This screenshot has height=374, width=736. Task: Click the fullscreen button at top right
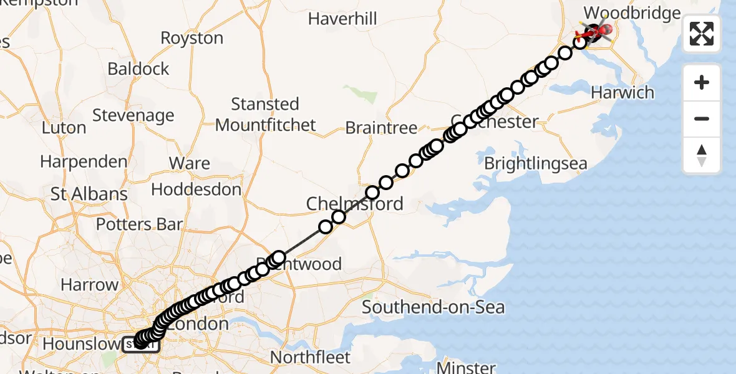tap(702, 33)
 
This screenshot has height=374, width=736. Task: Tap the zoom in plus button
tap(702, 83)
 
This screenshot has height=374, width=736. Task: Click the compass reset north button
tap(702, 155)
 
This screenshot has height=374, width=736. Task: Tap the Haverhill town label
tap(342, 19)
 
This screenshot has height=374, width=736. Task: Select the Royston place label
tap(191, 38)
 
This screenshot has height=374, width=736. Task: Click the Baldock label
tap(138, 69)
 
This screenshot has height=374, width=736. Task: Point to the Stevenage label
tap(133, 115)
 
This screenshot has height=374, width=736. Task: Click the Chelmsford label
tap(354, 203)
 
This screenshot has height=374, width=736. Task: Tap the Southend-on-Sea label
tap(433, 307)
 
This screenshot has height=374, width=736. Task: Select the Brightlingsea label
tap(536, 163)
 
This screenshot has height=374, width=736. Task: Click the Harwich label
tap(622, 93)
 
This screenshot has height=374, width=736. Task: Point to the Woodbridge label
tap(632, 13)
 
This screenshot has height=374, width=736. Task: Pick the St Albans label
tap(89, 194)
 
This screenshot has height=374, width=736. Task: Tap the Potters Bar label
tap(139, 224)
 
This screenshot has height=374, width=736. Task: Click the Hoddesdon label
tap(196, 189)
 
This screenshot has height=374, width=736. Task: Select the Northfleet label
tap(311, 357)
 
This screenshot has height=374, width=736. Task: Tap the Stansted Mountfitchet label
tap(266, 114)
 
